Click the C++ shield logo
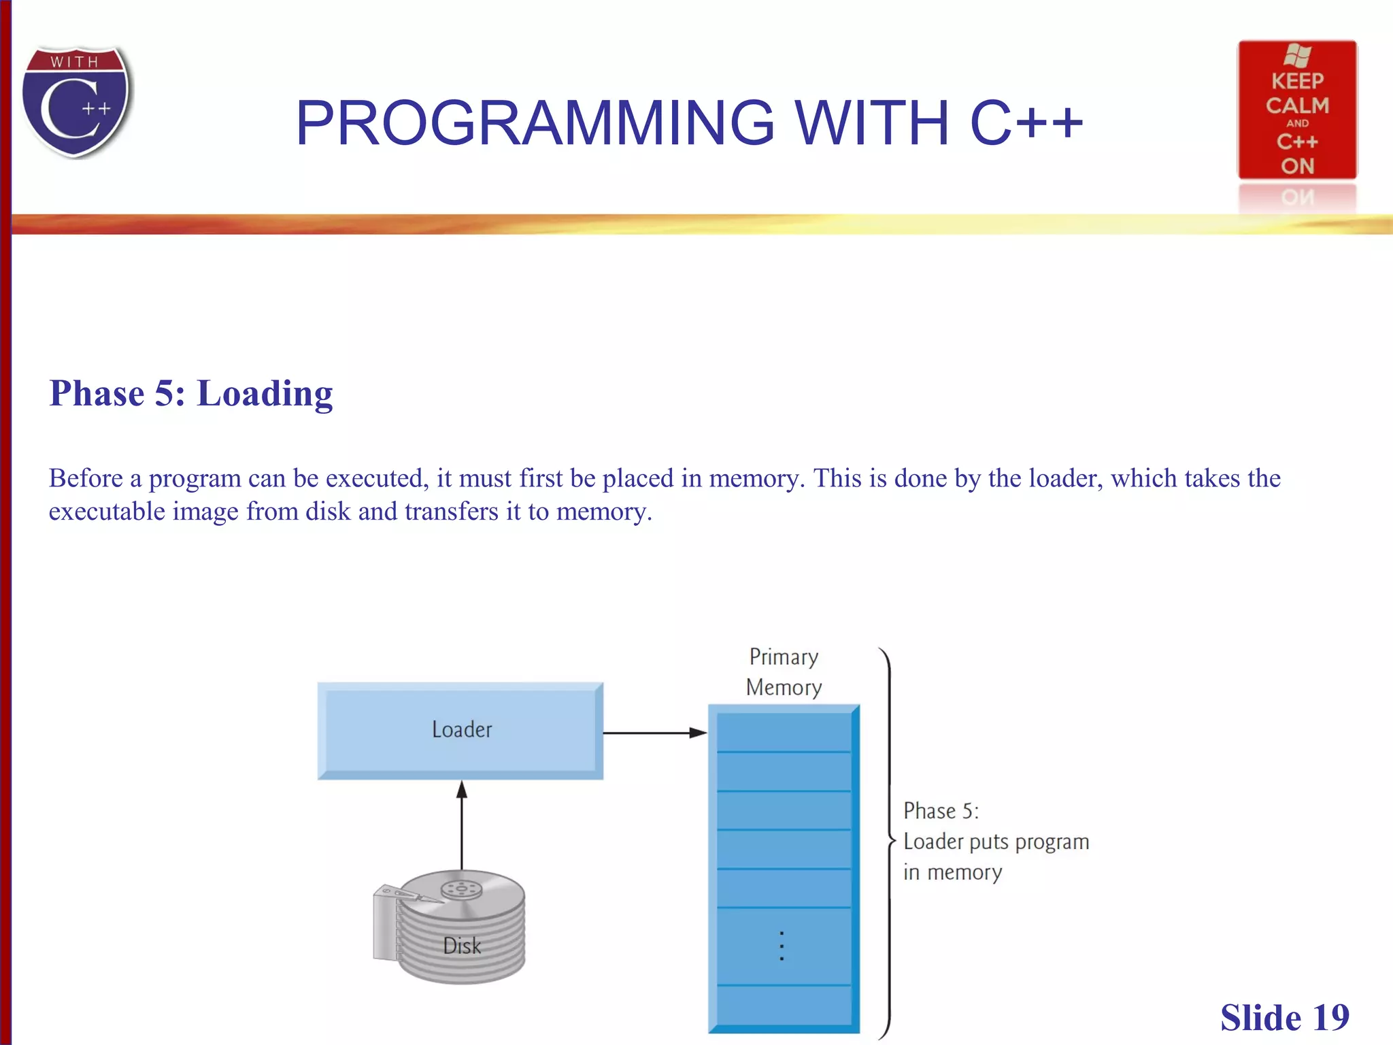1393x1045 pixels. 76,102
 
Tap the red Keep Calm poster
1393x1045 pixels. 1296,110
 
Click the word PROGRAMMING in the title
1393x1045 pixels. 535,123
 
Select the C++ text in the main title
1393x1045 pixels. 1026,123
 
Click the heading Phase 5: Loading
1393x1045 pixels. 191,394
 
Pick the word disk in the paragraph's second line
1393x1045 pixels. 328,512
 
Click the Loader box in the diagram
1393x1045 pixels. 460,730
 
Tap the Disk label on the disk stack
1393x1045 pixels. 462,946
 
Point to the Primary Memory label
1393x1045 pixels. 784,672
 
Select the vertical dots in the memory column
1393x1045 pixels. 782,946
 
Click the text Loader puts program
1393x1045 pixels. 996,842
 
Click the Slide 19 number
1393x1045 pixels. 1284,1018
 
